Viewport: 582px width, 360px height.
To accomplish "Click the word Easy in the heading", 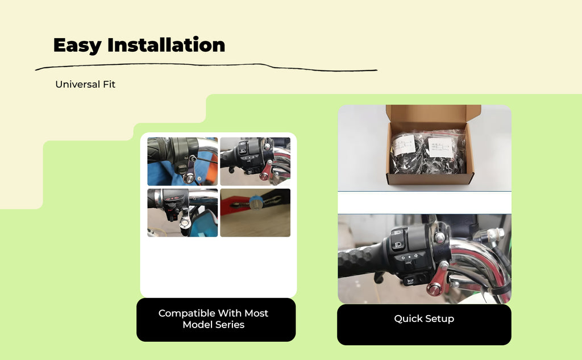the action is [77, 45].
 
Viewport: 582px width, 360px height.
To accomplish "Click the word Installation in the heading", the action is [167, 44].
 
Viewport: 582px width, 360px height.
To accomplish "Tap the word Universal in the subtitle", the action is [77, 84].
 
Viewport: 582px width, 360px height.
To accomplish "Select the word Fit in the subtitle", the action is [109, 84].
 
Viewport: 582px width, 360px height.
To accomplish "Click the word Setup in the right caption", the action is [439, 318].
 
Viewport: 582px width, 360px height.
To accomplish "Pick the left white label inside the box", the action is [404, 145].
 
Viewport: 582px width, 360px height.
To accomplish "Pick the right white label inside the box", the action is [440, 147].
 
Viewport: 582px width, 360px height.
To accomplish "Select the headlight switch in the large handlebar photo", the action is [398, 245].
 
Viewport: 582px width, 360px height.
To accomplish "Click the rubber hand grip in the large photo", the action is [362, 260].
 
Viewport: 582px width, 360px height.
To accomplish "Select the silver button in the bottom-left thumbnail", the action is [185, 223].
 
